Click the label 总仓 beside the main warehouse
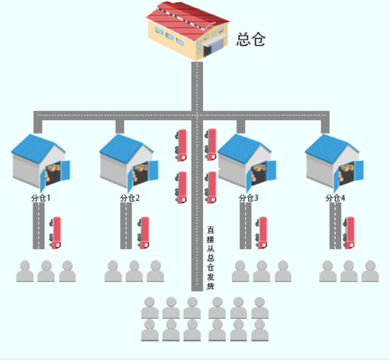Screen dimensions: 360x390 coord(251,40)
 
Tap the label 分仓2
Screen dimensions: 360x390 coord(130,198)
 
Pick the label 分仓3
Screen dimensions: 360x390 coord(249,198)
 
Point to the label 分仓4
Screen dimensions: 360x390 coord(335,198)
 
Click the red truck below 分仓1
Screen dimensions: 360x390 coord(55,233)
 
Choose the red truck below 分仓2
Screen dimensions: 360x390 coord(144,233)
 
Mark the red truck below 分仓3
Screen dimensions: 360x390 coord(262,233)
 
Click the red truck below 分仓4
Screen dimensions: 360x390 coord(349,233)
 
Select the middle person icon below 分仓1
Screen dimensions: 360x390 coord(46,271)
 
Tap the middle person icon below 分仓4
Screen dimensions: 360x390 coord(349,271)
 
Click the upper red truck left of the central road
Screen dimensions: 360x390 coord(181,144)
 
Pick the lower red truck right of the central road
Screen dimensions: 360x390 coord(211,187)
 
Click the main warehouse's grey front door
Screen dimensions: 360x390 coord(216,46)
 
